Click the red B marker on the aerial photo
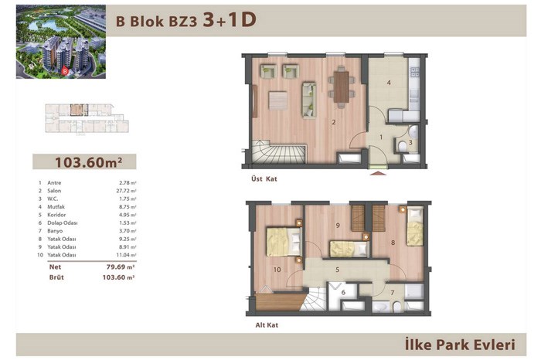click(65, 72)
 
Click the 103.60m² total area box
click(84, 161)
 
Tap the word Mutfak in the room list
click(56, 207)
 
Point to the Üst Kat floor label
click(264, 179)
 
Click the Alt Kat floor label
click(267, 325)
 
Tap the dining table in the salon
click(342, 87)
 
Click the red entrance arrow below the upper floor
click(378, 173)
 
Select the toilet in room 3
click(402, 148)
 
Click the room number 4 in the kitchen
click(389, 83)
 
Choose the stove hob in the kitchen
click(414, 72)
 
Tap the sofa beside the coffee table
click(309, 100)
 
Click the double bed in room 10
click(284, 241)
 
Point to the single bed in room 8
click(415, 226)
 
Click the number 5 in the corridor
click(338, 270)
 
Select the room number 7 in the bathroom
click(393, 293)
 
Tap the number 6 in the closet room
click(343, 293)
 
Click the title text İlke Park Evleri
click(460, 345)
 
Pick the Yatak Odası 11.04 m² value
click(126, 255)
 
